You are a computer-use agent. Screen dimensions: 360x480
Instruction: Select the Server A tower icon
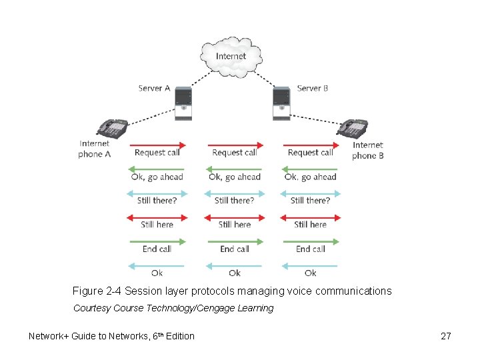[x=183, y=104]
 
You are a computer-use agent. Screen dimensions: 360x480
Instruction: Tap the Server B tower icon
[x=281, y=104]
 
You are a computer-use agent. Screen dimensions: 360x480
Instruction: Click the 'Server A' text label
[x=154, y=88]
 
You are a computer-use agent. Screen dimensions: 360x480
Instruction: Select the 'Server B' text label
[x=312, y=88]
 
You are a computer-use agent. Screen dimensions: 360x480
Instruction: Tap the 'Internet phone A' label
[x=95, y=149]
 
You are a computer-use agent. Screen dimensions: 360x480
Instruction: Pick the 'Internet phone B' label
[x=368, y=150]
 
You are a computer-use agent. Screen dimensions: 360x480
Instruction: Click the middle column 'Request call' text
[x=234, y=153]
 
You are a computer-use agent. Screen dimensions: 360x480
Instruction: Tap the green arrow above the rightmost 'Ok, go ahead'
[x=310, y=169]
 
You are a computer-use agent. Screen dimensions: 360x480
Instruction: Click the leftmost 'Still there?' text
[x=157, y=200]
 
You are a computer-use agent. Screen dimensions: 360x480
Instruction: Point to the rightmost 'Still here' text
[x=310, y=225]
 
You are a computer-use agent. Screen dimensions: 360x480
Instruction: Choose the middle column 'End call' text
[x=234, y=249]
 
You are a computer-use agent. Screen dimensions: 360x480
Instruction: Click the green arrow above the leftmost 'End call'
[x=157, y=241]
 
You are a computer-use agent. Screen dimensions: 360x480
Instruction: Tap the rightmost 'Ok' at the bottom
[x=310, y=273]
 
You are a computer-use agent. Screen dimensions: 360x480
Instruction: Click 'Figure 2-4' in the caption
[x=97, y=291]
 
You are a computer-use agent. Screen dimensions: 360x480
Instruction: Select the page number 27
[x=446, y=336]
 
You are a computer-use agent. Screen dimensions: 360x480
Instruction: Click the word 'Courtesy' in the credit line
[x=92, y=308]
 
